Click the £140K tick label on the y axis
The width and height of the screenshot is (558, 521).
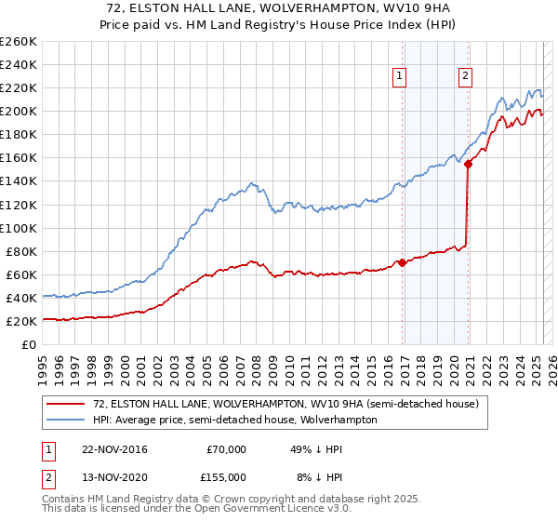point(19,181)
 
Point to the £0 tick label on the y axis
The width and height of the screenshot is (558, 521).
point(29,345)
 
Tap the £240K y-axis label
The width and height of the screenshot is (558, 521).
point(19,64)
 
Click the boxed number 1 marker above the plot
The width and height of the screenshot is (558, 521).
point(400,77)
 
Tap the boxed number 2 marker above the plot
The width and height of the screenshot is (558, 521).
point(464,77)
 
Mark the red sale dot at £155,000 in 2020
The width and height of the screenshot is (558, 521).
point(469,164)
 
